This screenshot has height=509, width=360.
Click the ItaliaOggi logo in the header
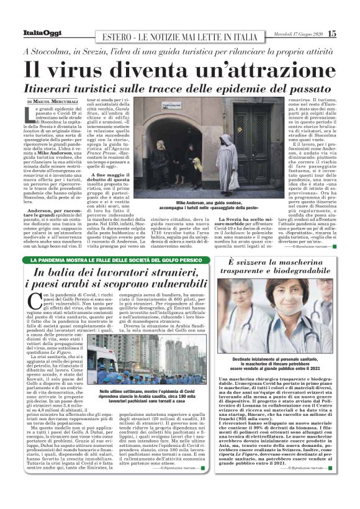click(x=43, y=34)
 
